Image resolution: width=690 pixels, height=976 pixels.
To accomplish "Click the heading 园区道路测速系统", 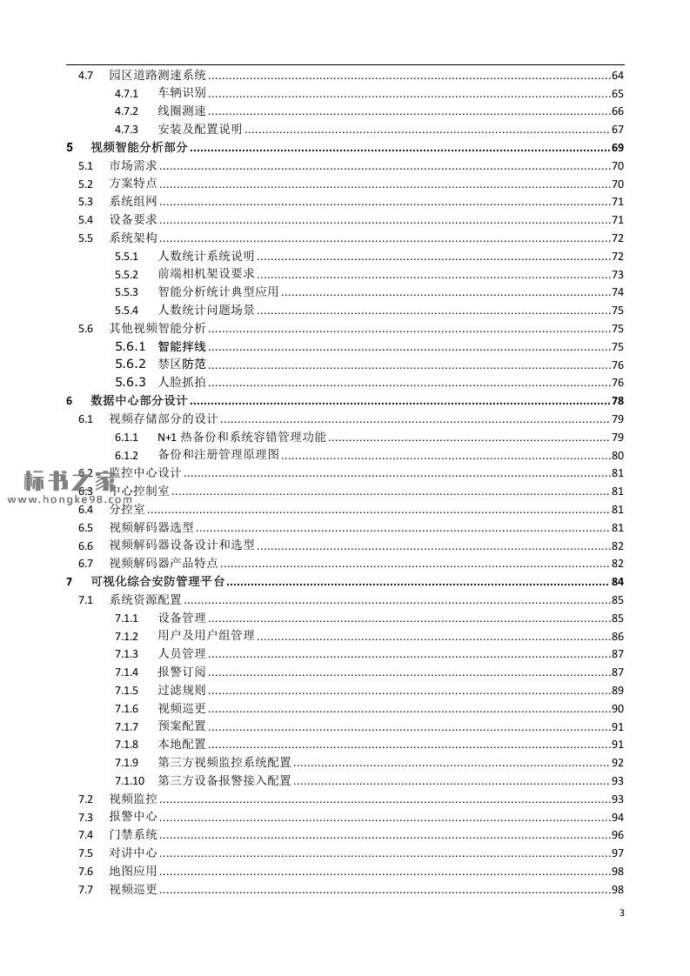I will pos(157,76).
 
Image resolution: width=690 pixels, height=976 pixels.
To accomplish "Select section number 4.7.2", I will pos(126,111).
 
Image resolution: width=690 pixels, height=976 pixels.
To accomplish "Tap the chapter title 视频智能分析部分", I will pos(138,148).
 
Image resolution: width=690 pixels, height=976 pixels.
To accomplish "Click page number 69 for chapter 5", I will pos(618,148).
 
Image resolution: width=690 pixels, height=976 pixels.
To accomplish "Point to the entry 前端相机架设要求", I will pos(206,274).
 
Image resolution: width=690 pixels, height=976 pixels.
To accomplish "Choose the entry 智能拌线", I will pos(182,347).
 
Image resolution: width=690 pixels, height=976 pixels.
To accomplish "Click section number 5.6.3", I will pos(131,383).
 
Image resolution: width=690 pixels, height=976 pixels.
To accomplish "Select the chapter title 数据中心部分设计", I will pos(138,401).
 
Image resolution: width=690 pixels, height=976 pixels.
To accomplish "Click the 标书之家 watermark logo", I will pos(70,480).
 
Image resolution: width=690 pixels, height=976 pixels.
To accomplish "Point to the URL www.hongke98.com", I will pos(61,500).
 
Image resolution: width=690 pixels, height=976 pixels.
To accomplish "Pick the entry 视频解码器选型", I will pos(151,528).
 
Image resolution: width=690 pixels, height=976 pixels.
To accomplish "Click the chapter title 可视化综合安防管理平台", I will pos(157,582).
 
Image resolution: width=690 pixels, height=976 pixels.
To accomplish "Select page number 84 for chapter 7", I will pos(618,582).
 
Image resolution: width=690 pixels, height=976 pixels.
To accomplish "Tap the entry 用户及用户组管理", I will pos(206,636).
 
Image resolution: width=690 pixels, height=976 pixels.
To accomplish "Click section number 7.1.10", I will pos(130,780).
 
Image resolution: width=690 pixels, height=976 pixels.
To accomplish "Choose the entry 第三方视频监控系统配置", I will pos(224,763).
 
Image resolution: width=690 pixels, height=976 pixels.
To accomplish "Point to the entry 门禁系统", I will pos(133,835).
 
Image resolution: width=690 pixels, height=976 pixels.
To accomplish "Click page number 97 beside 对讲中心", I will pos(618,853).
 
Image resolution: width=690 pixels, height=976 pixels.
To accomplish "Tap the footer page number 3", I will pos(621,913).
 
